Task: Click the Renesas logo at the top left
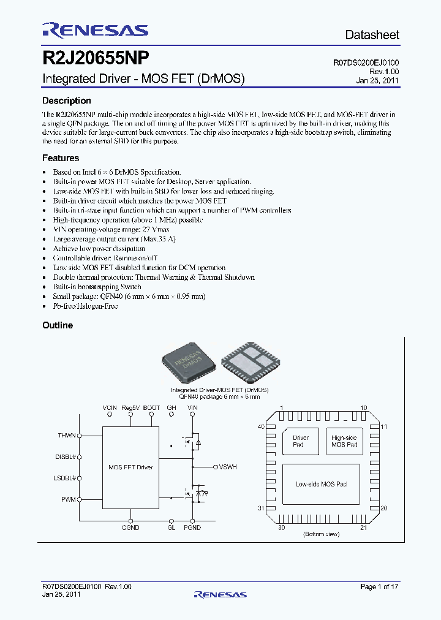(x=95, y=30)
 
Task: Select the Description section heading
(x=66, y=101)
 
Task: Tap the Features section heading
(x=61, y=158)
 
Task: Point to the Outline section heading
(x=58, y=325)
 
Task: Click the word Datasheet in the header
(x=372, y=35)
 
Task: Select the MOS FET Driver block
(x=130, y=467)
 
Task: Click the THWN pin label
(x=67, y=435)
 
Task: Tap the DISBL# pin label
(x=65, y=456)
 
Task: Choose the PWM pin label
(x=68, y=499)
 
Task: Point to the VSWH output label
(x=227, y=467)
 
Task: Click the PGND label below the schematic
(x=192, y=527)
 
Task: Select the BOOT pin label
(x=151, y=407)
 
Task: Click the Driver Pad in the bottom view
(x=301, y=441)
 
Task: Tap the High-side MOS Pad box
(x=344, y=441)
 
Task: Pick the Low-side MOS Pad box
(x=322, y=484)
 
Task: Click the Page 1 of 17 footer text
(x=379, y=587)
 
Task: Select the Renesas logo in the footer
(x=220, y=594)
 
